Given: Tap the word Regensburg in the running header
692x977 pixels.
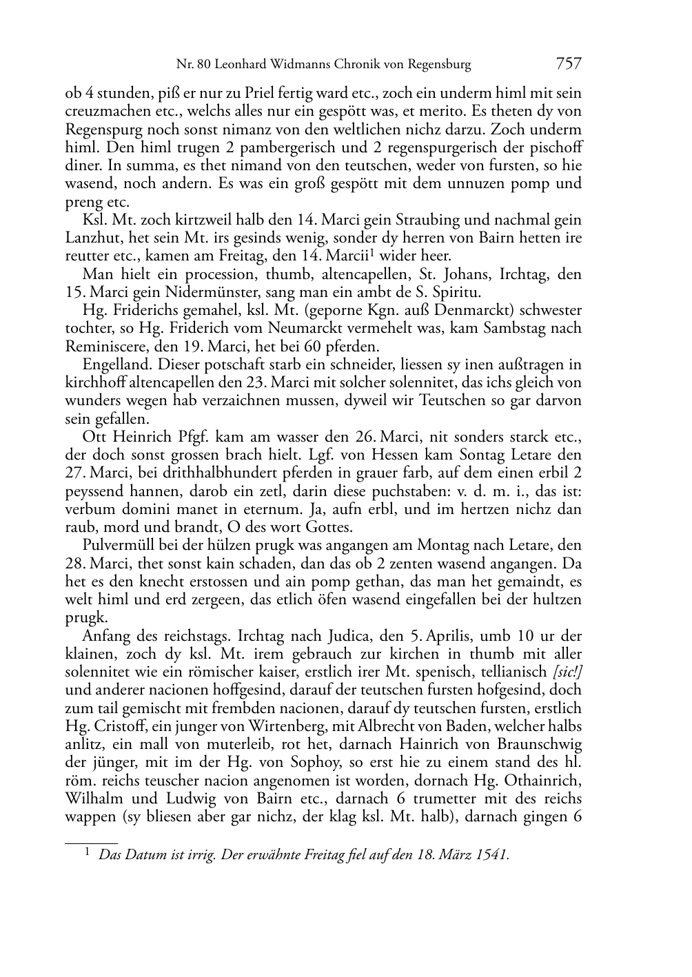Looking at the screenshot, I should [x=438, y=65].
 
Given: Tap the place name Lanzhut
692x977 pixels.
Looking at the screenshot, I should [x=91, y=238].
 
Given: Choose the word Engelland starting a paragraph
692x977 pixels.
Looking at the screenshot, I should [x=114, y=364].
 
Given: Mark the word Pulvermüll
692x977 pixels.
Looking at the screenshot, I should [x=119, y=546].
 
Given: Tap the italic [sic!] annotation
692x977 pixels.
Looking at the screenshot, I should [x=566, y=672].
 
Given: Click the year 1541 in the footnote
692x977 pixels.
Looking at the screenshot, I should [x=493, y=855].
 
